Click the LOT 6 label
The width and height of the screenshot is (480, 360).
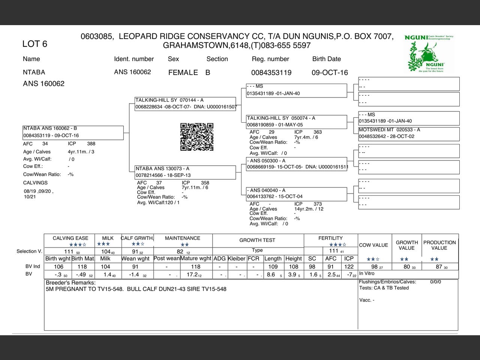tap(35, 44)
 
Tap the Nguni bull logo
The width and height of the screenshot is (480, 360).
tap(430, 54)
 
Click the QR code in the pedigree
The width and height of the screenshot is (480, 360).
tap(197, 137)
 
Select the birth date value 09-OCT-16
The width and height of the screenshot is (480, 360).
tap(330, 73)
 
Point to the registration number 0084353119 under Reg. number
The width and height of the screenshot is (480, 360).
tap(271, 73)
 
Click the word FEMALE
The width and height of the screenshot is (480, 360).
tap(183, 73)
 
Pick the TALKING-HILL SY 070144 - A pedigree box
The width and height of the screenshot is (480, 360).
tap(185, 104)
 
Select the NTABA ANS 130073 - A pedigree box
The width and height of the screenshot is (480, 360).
tap(185, 172)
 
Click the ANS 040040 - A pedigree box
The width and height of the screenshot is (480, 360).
tap(296, 193)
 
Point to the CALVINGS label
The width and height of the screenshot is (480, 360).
tap(35, 183)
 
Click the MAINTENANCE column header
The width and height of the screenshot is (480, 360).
tap(183, 238)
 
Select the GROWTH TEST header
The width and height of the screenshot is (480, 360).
tap(257, 240)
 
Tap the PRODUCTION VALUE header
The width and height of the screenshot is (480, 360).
tap(439, 245)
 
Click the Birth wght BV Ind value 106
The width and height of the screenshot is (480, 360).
tap(58, 267)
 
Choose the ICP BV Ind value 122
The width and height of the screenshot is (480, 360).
tap(349, 267)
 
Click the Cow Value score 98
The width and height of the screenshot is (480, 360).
tap(375, 267)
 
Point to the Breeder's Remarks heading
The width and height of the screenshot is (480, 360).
tap(70, 283)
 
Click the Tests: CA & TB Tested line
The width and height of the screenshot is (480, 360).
tap(384, 288)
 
